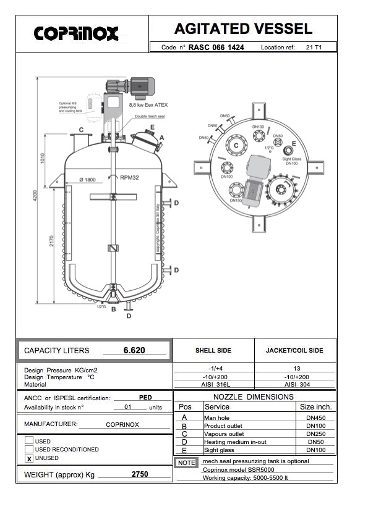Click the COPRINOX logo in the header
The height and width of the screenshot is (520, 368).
click(x=76, y=33)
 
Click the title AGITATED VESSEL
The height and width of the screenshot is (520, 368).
click(x=243, y=28)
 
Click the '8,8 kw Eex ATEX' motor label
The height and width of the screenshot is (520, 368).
click(x=148, y=105)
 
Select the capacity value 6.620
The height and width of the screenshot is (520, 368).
click(x=134, y=350)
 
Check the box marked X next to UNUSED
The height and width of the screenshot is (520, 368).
click(x=29, y=458)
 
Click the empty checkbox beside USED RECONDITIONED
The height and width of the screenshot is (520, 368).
click(x=29, y=449)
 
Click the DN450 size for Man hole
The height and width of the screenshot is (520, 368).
click(x=315, y=417)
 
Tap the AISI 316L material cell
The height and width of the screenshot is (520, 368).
click(x=213, y=384)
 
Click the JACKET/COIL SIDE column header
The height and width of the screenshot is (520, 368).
click(x=295, y=350)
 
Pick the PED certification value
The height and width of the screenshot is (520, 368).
click(x=146, y=397)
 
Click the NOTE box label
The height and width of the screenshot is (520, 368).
click(x=186, y=463)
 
